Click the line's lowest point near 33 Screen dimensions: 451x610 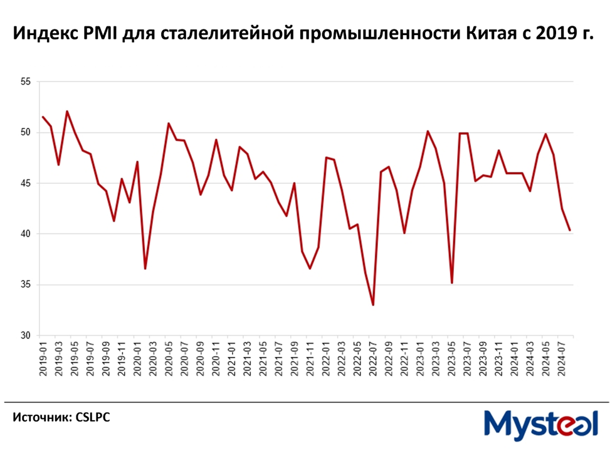click(373, 305)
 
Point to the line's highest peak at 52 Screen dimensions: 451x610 click(66, 112)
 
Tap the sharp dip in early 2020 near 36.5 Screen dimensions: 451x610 click(145, 268)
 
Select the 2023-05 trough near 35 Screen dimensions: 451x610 click(452, 283)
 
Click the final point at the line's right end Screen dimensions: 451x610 click(569, 230)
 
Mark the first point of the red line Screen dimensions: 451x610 click(43, 117)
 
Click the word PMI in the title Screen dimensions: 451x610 click(105, 33)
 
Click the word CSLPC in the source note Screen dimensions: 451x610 click(92, 417)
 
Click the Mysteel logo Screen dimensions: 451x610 click(540, 424)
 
